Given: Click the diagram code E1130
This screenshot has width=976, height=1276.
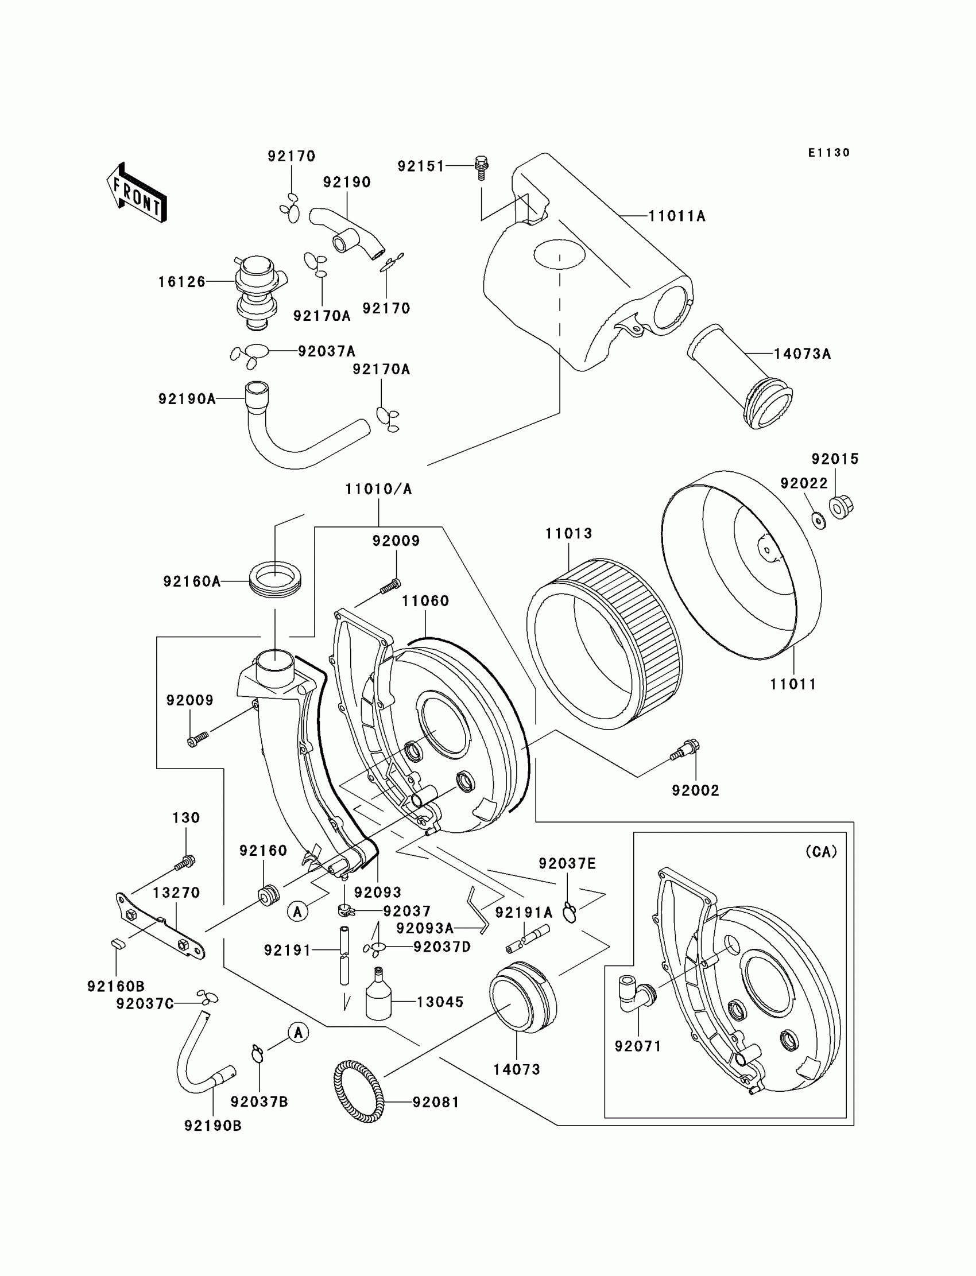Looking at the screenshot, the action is tap(829, 153).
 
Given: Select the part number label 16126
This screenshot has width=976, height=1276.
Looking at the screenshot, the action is tap(182, 282).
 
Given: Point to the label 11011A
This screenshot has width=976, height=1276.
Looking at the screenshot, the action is tap(677, 216).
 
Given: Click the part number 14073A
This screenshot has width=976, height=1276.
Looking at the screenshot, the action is tap(802, 354).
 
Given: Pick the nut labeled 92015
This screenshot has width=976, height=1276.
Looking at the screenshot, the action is tap(841, 506).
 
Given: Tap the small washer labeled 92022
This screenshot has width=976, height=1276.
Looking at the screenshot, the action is tap(819, 521).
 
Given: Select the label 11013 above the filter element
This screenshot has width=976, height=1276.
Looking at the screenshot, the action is tap(569, 533).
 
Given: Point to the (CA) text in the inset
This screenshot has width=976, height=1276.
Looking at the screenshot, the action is tap(822, 852).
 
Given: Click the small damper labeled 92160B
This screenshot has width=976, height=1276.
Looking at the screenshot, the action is tap(118, 944).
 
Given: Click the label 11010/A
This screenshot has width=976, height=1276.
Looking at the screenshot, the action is tap(379, 489).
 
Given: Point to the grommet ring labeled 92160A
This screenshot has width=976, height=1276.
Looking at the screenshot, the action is tap(276, 579).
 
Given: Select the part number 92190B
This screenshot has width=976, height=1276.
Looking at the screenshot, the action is tap(212, 1126).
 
